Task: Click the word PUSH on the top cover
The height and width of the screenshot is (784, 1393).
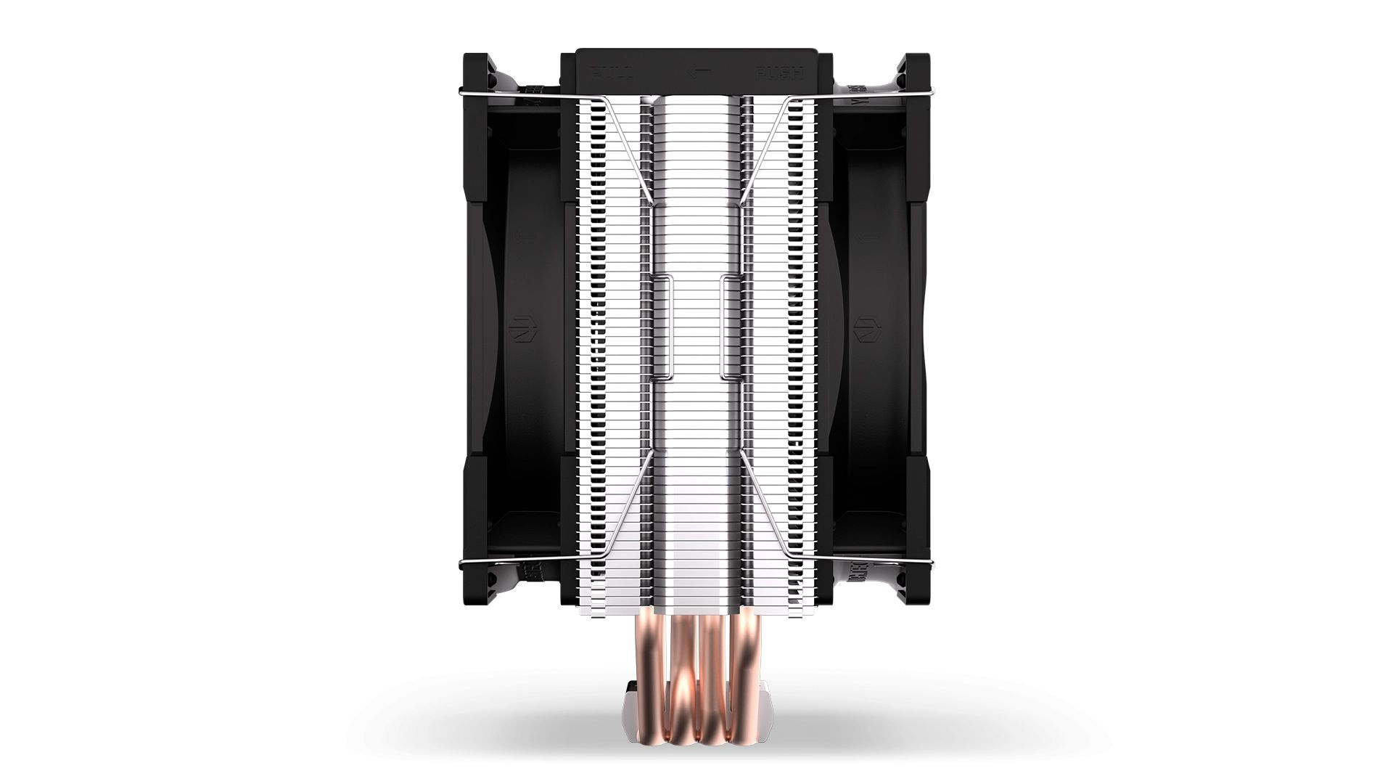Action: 778,73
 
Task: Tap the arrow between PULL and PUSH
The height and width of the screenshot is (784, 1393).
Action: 696,73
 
